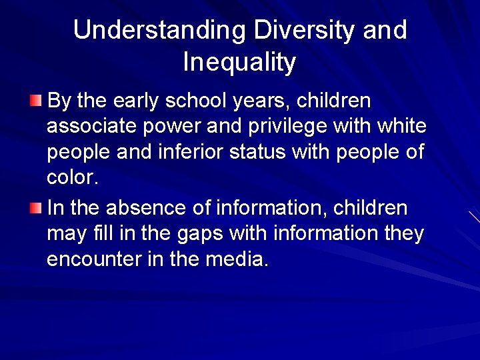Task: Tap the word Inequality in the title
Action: click(239, 63)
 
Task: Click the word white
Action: click(403, 127)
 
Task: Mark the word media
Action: click(239, 259)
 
